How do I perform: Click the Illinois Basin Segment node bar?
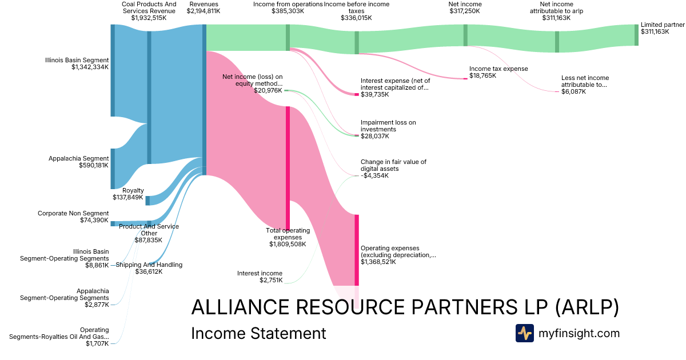tap(113, 70)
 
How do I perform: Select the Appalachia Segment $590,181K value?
tap(94, 166)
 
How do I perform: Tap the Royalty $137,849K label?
tap(128, 194)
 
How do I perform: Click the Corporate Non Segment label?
tap(73, 213)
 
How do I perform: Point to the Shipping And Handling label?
tap(149, 265)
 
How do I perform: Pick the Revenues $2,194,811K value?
tap(204, 11)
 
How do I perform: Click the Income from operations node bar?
tap(288, 38)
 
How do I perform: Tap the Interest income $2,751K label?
tap(260, 277)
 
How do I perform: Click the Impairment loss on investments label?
tap(388, 126)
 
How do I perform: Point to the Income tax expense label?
tap(490, 69)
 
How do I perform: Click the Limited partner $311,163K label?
tap(662, 28)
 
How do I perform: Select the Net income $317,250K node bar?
tap(465, 35)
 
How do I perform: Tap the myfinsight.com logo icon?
tap(524, 333)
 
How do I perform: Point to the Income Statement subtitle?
tap(258, 333)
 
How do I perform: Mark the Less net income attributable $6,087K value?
tap(573, 91)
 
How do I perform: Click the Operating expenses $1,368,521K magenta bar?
tap(357, 250)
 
